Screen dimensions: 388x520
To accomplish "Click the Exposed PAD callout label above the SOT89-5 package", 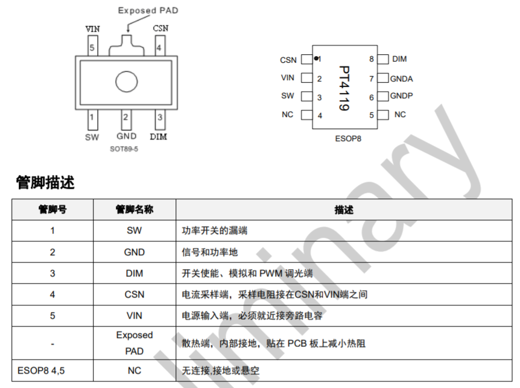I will pos(148,10).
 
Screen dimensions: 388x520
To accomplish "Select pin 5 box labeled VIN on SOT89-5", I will pos(92,47).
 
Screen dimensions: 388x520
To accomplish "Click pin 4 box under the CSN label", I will pos(159,47).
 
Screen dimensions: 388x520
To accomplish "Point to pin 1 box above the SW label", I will pos(92,118).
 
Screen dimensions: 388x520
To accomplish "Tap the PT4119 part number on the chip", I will pos(343,87).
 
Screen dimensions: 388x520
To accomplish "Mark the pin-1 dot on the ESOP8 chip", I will pos(316,59).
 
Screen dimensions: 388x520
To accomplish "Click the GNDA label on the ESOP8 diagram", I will pos(401,78).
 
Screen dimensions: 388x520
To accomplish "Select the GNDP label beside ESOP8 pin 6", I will pos(401,96).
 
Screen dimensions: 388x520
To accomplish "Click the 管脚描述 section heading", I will pos(45,182).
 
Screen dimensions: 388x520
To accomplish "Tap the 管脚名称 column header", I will pos(134,210).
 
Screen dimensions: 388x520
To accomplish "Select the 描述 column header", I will pos(344,210).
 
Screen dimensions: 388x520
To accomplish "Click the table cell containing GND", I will pos(134,252).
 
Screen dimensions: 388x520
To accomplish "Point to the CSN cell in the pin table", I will pos(134,294).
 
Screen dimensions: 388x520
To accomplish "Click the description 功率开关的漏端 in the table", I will pos(215,231).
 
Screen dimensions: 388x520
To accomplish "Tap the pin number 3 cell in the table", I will pos(52,273).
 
